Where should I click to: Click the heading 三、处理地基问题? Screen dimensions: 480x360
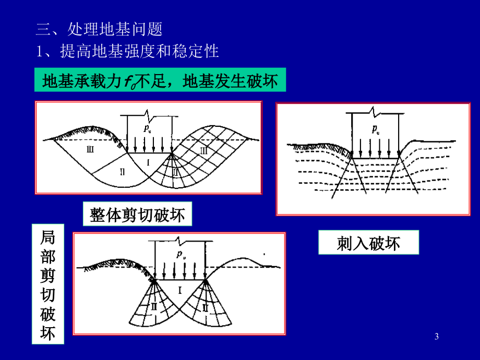point(99,29)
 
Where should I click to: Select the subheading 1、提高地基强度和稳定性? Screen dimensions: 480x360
point(127,51)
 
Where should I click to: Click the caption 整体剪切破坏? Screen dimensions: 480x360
point(137,214)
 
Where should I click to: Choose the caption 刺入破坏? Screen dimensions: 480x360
point(368,243)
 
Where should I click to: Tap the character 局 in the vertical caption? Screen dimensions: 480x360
point(48,237)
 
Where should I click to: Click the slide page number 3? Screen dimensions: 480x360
point(437,337)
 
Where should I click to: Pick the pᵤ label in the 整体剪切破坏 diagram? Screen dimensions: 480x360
point(147,128)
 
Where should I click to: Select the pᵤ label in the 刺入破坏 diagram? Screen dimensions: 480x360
point(376,129)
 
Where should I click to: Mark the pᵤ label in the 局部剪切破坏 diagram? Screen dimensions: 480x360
point(181,255)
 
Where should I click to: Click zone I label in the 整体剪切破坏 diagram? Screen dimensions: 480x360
point(148,162)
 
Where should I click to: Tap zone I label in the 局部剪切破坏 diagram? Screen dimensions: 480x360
point(180,290)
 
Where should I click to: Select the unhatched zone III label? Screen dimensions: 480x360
point(90,149)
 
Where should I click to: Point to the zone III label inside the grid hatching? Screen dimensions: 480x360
point(203,150)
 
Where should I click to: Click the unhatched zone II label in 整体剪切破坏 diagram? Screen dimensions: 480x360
point(123,172)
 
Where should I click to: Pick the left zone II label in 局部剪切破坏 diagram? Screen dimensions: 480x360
point(154,306)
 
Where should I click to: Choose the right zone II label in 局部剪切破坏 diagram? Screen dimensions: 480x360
point(205,307)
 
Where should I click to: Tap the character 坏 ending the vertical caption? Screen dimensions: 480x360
point(48,333)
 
